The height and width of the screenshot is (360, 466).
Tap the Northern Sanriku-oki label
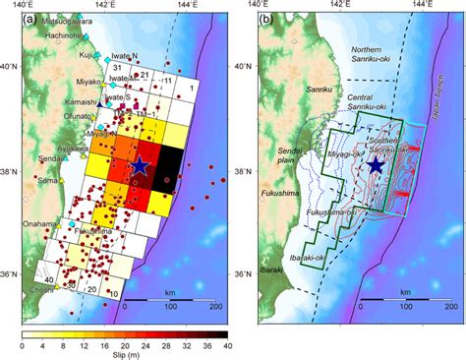point(375,53)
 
